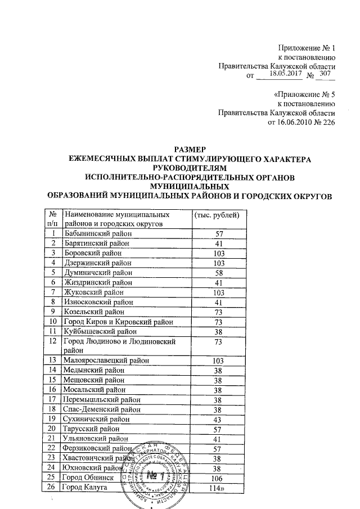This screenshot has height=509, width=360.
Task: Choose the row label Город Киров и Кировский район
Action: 117,322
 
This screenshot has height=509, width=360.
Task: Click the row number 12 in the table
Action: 53,341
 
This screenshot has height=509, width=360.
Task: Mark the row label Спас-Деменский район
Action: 100,409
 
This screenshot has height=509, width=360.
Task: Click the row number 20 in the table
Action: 53,429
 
